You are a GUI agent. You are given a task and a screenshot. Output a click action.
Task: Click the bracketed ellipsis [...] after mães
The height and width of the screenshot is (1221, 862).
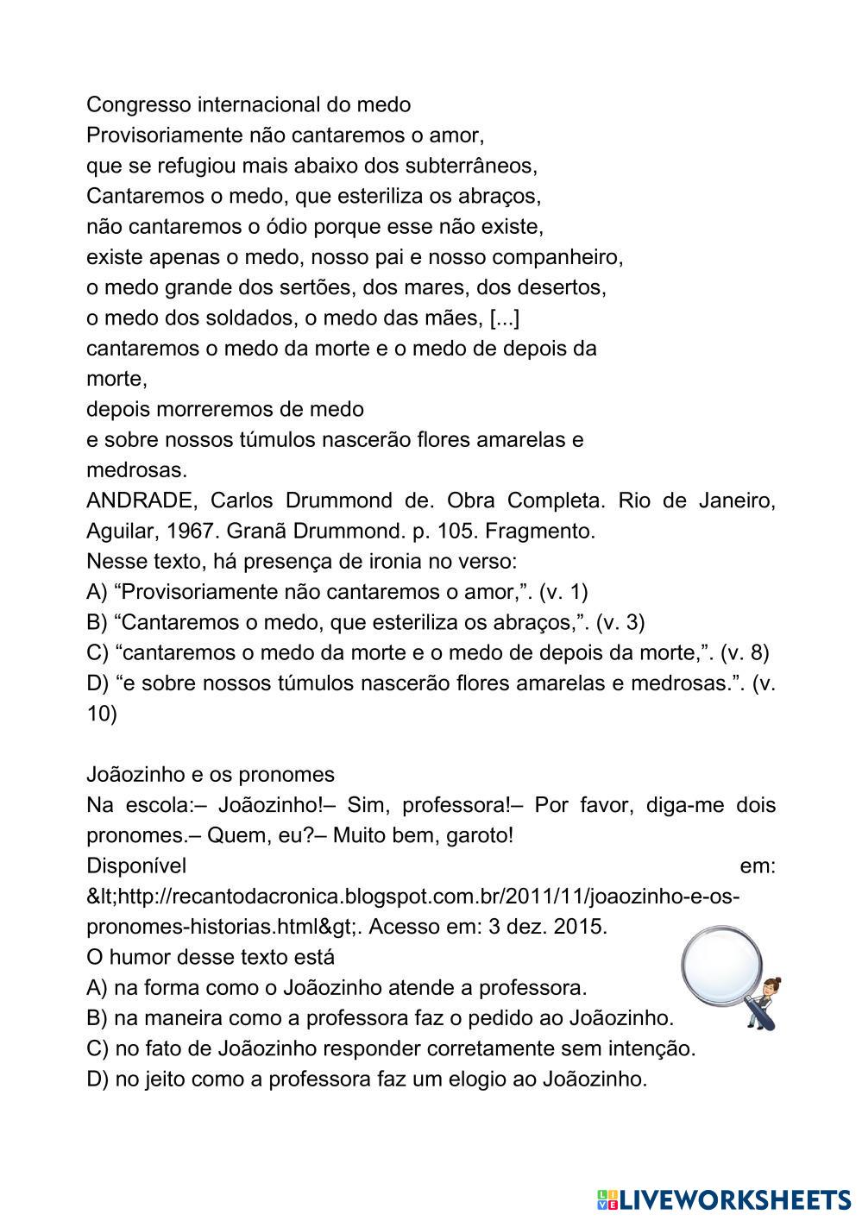[504, 318]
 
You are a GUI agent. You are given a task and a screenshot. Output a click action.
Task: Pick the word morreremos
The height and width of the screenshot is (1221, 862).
[205, 409]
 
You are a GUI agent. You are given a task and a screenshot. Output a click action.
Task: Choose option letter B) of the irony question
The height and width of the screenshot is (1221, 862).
[97, 622]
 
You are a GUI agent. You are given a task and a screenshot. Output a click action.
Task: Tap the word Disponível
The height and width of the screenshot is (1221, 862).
[136, 865]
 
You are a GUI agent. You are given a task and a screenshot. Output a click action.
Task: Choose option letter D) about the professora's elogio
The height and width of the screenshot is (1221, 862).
[97, 1079]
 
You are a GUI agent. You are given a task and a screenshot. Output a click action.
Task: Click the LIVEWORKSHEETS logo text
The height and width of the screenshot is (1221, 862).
[733, 1199]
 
